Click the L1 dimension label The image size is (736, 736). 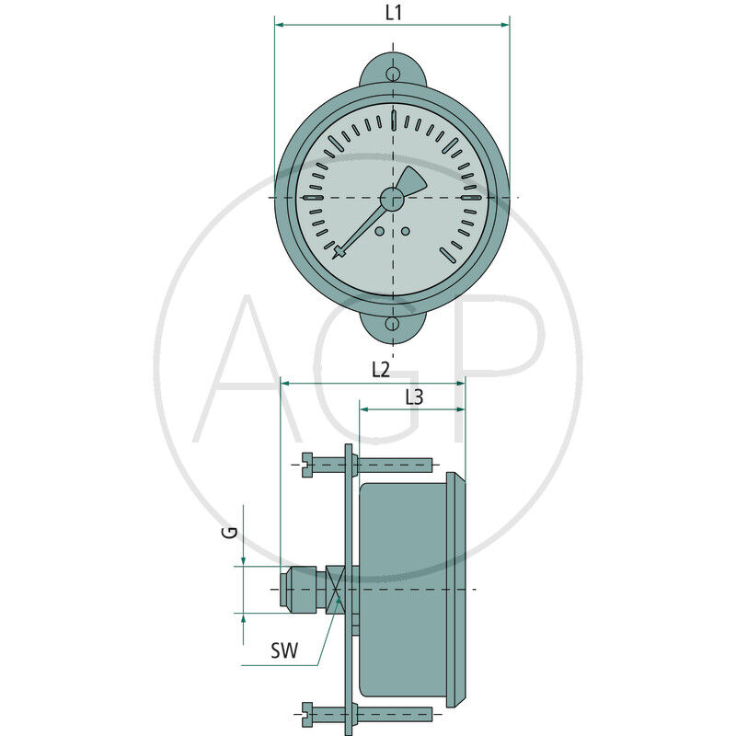(393, 12)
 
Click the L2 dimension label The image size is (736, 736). (381, 370)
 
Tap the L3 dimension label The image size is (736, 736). (414, 397)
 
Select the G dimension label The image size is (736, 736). (233, 531)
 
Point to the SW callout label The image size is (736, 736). (284, 652)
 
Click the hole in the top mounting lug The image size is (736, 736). (393, 75)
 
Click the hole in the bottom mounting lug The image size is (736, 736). (393, 324)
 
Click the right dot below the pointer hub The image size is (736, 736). (405, 230)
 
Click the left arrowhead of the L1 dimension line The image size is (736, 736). (279, 26)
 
